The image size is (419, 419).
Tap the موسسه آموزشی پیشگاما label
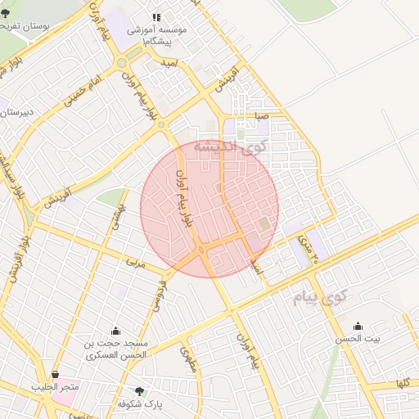click(x=157, y=34)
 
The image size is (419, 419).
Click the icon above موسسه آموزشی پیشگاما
click(x=156, y=16)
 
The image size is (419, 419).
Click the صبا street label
click(x=261, y=117)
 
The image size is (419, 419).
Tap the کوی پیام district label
click(x=318, y=296)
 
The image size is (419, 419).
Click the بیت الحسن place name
click(x=354, y=338)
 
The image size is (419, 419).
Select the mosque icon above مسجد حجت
click(x=115, y=331)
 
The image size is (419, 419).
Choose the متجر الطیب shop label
click(x=55, y=386)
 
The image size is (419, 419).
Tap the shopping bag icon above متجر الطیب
click(x=55, y=374)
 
